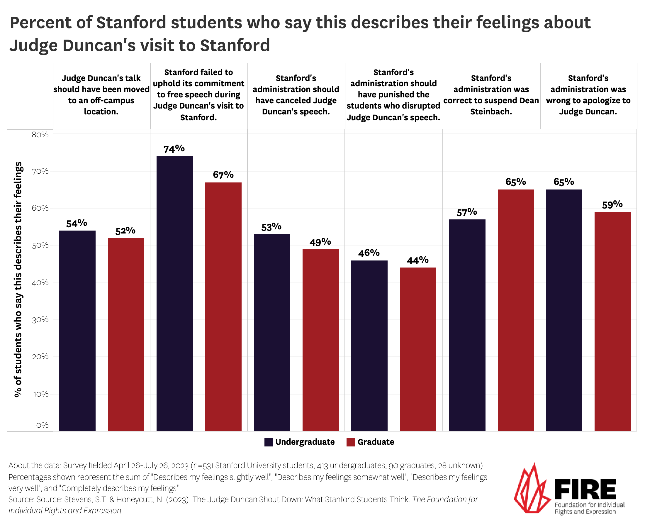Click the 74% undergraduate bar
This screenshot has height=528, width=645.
[x=174, y=293]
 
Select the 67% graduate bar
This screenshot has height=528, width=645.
[x=223, y=306]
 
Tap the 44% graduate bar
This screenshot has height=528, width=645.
[x=418, y=349]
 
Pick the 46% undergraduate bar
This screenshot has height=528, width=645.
[x=369, y=345]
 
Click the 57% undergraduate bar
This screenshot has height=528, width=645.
[x=467, y=325]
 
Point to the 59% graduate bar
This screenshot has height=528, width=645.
[x=612, y=321]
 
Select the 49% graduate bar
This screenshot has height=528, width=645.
[x=320, y=340]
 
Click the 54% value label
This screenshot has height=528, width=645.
[x=77, y=224]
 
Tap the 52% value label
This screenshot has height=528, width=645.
[x=125, y=231]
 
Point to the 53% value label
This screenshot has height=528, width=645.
[x=271, y=227]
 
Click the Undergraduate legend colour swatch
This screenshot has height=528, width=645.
[x=268, y=442]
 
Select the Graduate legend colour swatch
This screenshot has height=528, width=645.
[x=350, y=442]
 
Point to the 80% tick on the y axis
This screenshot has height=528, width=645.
[x=40, y=135]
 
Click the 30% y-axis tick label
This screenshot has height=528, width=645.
[x=40, y=320]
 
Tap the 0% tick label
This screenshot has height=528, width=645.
[x=42, y=425]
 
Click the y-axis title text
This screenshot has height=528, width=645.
[x=18, y=279]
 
